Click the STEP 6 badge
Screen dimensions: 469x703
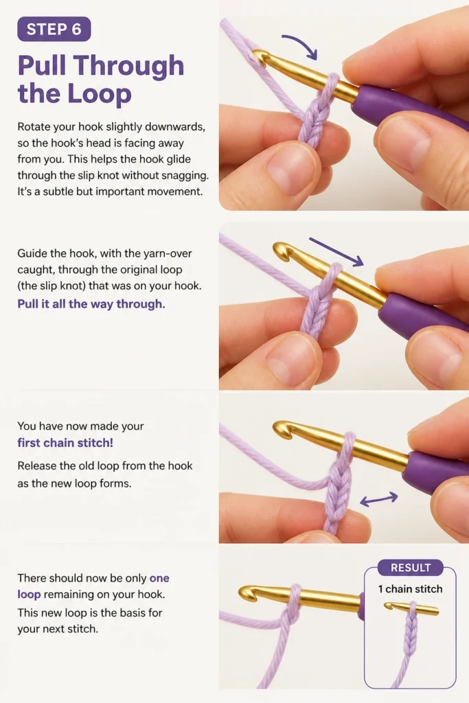pos(54,29)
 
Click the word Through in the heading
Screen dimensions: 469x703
pos(129,66)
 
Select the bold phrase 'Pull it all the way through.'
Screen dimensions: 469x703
pos(91,304)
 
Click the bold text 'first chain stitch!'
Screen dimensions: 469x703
pos(65,443)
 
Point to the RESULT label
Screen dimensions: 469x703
pos(410,568)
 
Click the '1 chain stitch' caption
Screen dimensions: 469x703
pos(410,589)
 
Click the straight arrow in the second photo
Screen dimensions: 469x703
pos(336,252)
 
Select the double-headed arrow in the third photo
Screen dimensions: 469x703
pos(379,499)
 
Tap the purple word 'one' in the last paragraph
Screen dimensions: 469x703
pos(159,578)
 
